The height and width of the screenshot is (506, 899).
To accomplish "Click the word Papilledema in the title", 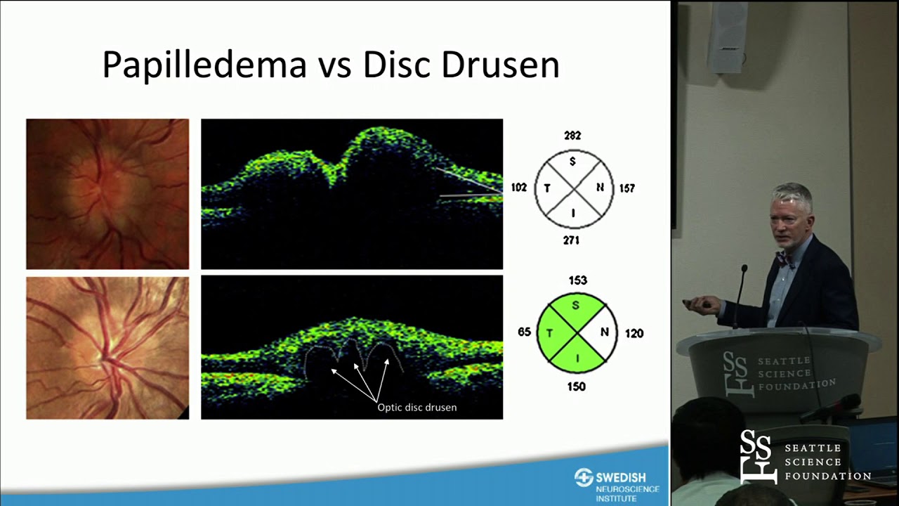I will click(x=204, y=65).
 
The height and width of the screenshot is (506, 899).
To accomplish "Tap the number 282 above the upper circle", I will click(x=572, y=136).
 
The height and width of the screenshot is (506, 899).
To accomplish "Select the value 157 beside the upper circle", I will click(x=626, y=188).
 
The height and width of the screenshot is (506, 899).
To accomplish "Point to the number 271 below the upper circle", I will click(x=571, y=240).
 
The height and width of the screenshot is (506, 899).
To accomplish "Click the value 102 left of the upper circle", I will click(x=519, y=188).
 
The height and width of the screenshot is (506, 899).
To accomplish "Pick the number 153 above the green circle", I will click(x=577, y=280).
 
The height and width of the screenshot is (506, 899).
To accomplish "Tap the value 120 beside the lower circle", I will click(x=634, y=334).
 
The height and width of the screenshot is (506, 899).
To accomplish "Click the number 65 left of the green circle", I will click(x=524, y=332).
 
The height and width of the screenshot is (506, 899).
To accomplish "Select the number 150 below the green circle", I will click(x=576, y=387).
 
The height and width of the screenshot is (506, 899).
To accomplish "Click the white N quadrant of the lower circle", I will click(x=603, y=332).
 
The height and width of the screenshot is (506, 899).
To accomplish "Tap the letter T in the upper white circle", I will click(x=546, y=188).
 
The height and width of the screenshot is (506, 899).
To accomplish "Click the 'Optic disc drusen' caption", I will click(x=417, y=407).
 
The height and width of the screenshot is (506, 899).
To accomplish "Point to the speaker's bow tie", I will click(x=785, y=260).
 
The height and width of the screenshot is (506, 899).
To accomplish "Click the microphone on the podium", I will click(x=743, y=271).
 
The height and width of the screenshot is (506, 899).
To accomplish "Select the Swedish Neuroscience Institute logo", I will click(x=617, y=484).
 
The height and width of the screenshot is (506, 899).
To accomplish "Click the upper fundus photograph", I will click(x=107, y=194).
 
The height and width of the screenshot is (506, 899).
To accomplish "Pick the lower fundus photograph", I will click(x=107, y=348).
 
